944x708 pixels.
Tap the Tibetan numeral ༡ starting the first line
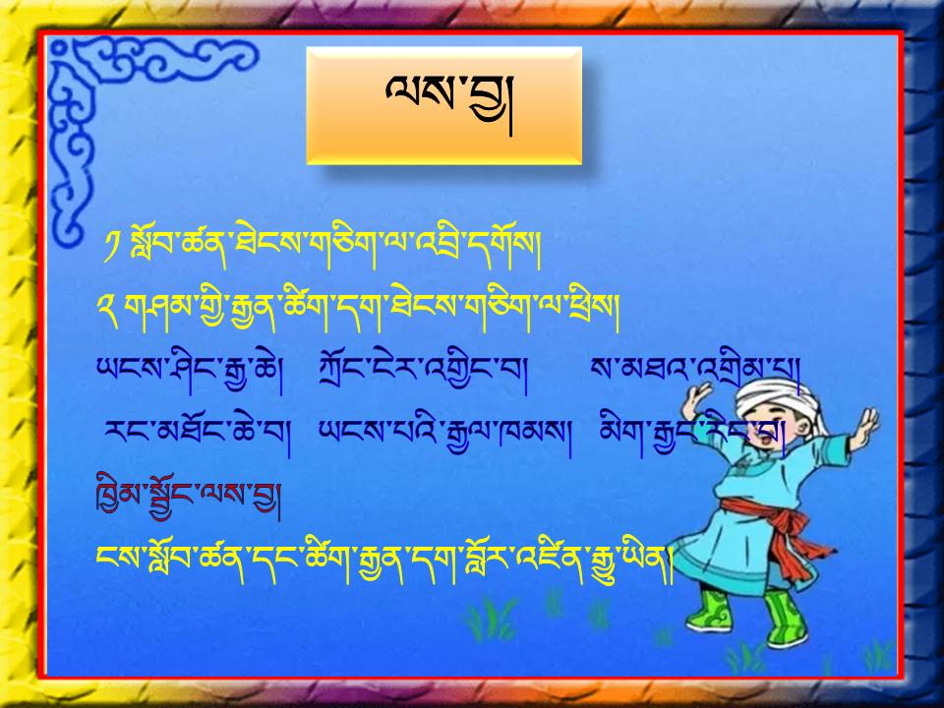[112, 247]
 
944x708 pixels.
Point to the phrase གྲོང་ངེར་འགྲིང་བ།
[423, 373]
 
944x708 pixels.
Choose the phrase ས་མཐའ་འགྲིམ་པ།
[695, 371]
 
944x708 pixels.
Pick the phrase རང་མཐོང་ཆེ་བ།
[197, 436]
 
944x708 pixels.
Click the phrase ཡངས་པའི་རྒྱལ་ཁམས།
[444, 436]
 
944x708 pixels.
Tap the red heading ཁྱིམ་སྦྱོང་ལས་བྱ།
[188, 498]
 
